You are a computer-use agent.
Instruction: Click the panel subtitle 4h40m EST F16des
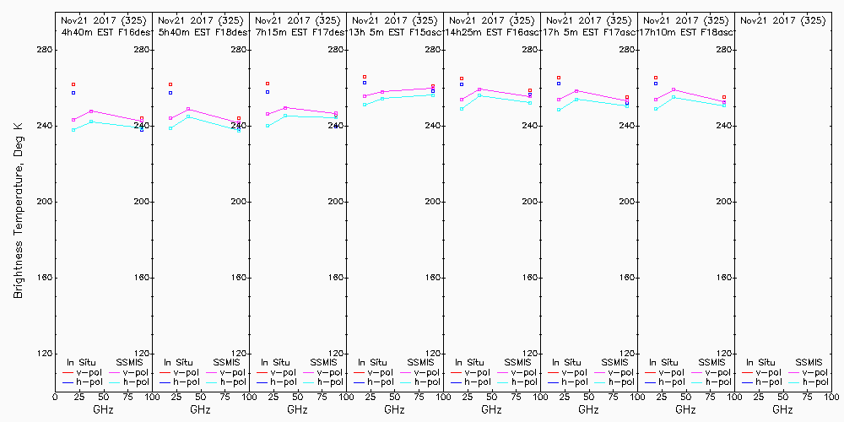click(103, 32)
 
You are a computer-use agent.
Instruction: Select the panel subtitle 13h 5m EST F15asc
click(394, 32)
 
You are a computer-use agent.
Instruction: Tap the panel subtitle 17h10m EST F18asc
click(685, 32)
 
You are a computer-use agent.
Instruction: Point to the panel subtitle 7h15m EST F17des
click(297, 32)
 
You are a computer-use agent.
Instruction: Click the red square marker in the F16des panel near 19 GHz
click(73, 84)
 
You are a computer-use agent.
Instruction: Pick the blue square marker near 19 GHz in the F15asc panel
click(365, 82)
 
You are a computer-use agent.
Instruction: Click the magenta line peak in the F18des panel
click(188, 109)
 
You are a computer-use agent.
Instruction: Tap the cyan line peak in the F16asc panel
click(479, 95)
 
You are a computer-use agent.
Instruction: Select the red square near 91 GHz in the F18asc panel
click(724, 98)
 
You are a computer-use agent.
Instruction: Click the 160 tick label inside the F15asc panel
click(431, 278)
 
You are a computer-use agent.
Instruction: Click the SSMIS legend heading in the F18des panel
click(226, 362)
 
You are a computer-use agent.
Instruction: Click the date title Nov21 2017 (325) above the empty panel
click(782, 19)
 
